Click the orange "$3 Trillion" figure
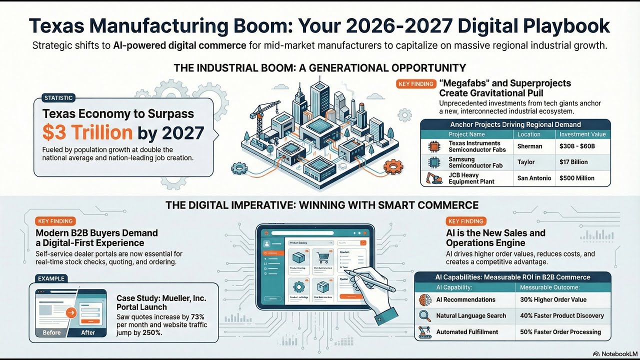[x=87, y=132]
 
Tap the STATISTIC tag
[x=58, y=98]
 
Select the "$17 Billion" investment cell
[x=573, y=162]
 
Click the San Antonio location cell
[x=534, y=178]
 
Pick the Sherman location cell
[x=530, y=146]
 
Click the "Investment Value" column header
[x=582, y=134]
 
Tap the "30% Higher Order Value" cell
[x=553, y=299]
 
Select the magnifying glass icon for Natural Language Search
[x=425, y=315]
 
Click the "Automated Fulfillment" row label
[x=467, y=332]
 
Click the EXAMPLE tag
[x=51, y=278]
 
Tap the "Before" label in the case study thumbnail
[x=51, y=332]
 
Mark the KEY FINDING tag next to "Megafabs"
[x=416, y=84]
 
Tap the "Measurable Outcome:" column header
[x=550, y=287]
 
